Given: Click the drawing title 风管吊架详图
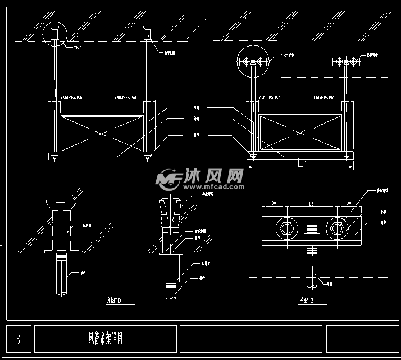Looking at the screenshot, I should pos(105,339).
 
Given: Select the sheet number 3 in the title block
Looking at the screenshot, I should pos(18,339).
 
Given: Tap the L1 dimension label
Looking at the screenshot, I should pos(302,163).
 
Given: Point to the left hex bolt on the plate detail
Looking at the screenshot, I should pos(286,227).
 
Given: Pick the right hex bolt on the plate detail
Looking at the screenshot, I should pos(338,227).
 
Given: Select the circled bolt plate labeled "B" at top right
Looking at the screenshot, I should pos(253,61).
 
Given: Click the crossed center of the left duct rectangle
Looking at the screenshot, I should pos(101,134).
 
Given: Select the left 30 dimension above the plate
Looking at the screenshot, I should pos(274,203).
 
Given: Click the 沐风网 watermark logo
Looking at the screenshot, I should pos(200,179).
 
